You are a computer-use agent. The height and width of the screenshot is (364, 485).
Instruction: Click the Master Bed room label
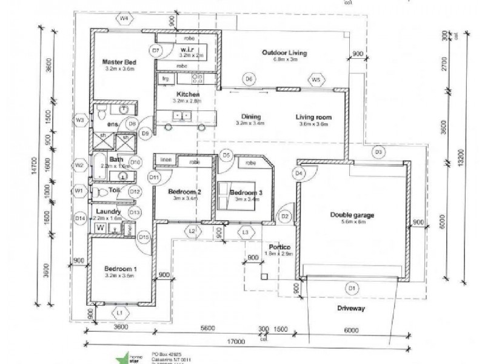click(x=119, y=62)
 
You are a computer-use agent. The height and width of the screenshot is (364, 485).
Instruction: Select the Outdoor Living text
click(x=284, y=53)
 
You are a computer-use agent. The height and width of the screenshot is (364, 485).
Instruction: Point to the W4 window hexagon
click(x=124, y=19)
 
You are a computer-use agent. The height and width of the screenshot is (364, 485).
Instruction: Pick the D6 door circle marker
click(x=248, y=79)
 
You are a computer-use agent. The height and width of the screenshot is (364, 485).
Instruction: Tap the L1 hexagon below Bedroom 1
click(x=120, y=312)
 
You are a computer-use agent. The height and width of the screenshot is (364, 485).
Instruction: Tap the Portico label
click(x=280, y=247)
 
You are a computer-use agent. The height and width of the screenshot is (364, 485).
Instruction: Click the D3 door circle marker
click(x=377, y=151)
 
